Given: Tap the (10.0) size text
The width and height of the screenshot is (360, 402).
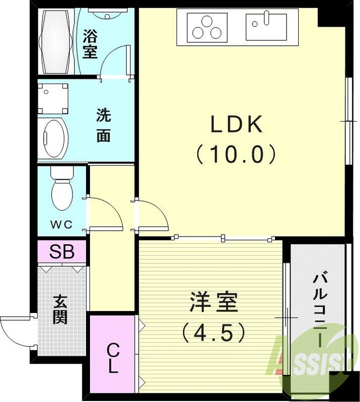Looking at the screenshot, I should [236, 154].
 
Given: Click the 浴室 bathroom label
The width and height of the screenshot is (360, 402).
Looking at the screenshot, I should [90, 44].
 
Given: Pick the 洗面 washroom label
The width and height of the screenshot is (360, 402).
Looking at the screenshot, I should [103, 126].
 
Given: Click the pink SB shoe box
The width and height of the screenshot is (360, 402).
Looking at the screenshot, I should [62, 252].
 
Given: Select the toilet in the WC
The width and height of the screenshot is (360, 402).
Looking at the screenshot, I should [62, 191].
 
